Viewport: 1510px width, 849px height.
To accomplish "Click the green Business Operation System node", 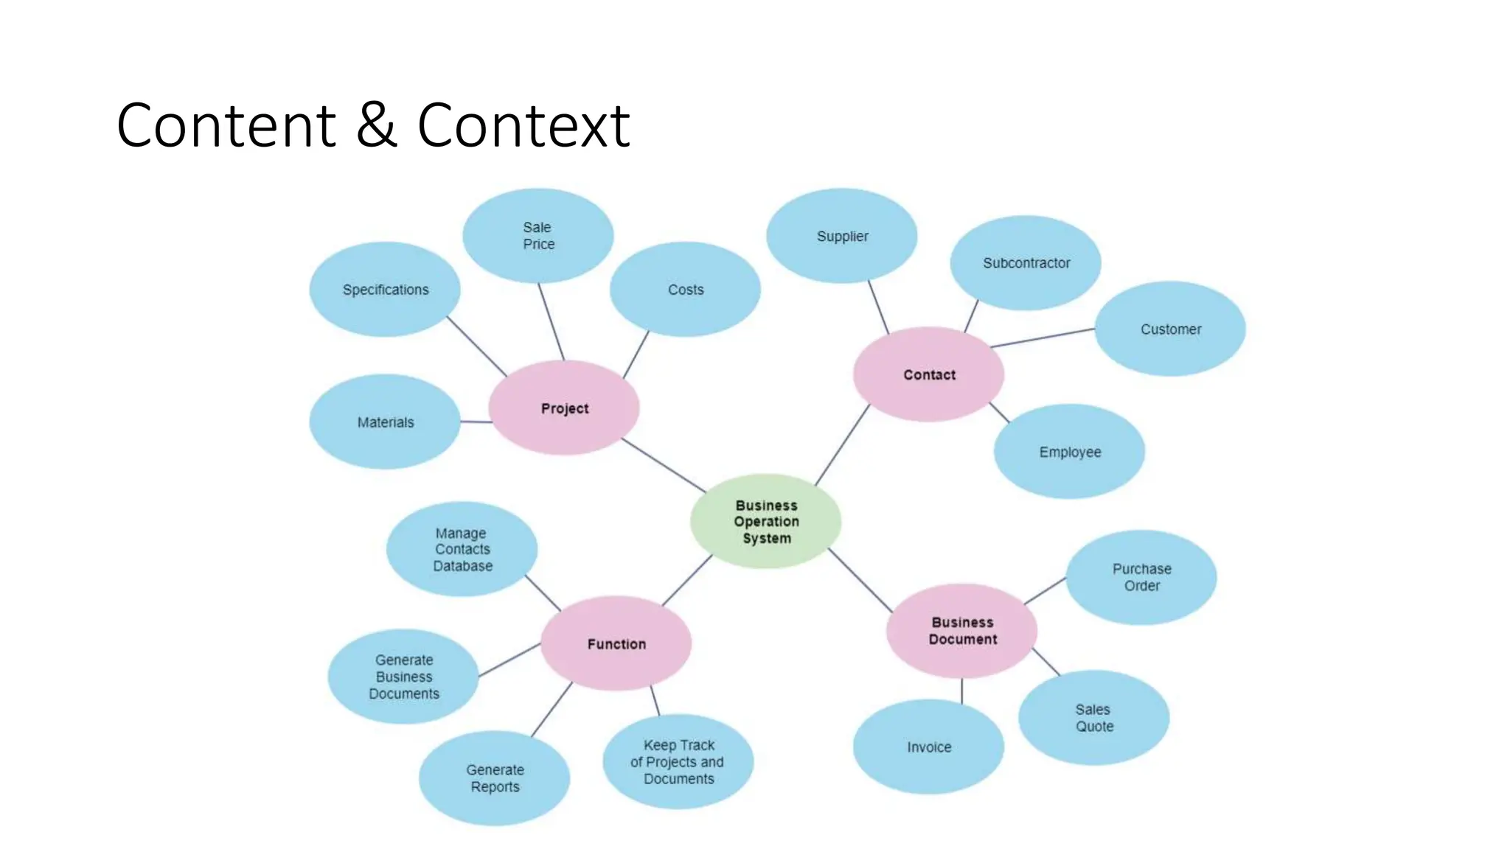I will click(766, 522).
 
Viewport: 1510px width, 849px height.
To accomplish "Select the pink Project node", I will click(564, 408).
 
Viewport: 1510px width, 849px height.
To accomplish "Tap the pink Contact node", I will click(929, 374).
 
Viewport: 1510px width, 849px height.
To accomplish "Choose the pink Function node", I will click(616, 644).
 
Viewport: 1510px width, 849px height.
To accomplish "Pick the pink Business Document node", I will click(962, 631).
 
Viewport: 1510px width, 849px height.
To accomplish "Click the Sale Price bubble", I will click(538, 236).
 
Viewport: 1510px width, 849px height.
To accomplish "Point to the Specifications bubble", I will click(385, 290).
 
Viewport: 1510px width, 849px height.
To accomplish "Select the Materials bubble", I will click(385, 422).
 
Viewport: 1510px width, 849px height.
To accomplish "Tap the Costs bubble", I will click(686, 290).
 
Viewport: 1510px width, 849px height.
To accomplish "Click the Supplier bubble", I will click(842, 236).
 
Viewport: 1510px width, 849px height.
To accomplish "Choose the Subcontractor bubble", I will click(1026, 263).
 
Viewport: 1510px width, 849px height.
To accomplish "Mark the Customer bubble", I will click(1170, 329).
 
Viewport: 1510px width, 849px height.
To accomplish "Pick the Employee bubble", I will click(1069, 452).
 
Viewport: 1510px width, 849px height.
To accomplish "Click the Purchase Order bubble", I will click(1141, 578).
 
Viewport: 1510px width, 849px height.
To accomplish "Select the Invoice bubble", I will click(929, 747).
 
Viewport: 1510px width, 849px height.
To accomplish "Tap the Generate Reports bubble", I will click(495, 778).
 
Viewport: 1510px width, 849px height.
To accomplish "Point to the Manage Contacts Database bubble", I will click(462, 550).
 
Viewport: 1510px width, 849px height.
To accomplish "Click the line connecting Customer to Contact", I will click(1043, 338).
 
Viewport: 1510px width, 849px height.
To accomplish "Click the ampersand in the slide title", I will click(376, 125).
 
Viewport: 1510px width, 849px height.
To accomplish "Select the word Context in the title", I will click(523, 125).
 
